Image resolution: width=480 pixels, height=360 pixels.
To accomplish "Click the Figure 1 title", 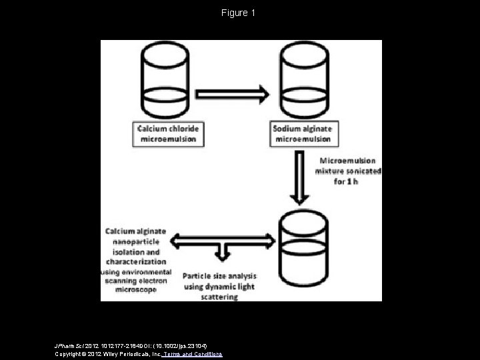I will click(239, 13).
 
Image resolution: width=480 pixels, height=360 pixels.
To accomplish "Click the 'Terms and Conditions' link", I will click(197, 354).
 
